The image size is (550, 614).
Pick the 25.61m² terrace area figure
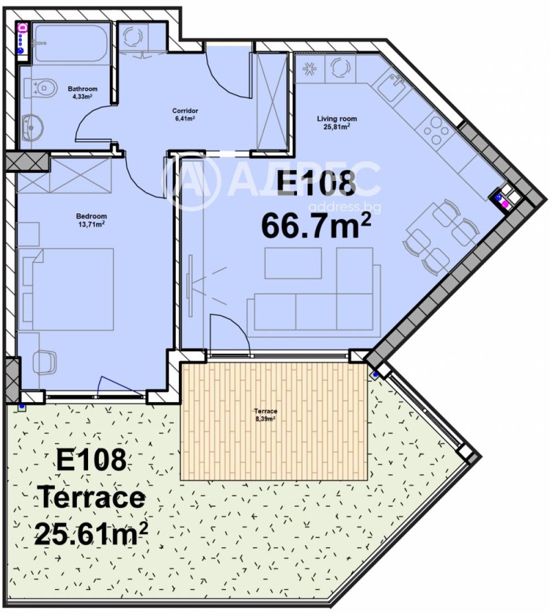click(x=91, y=532)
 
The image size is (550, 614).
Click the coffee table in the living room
click(x=293, y=262)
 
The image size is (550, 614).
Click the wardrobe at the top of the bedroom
click(x=63, y=176)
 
